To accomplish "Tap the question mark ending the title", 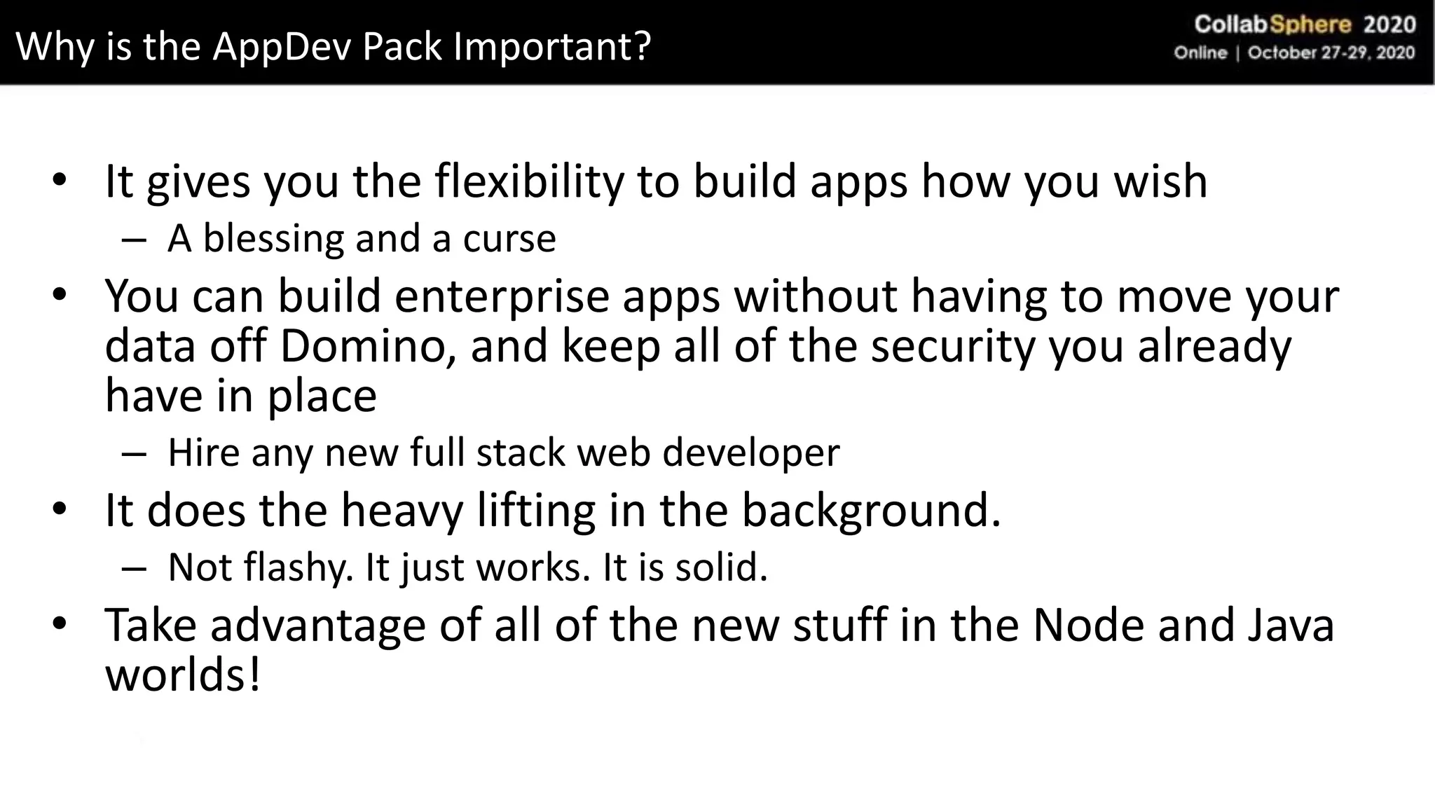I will [x=643, y=46].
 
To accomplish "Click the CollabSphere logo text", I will [x=1272, y=25].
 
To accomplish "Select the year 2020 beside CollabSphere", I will [x=1389, y=25].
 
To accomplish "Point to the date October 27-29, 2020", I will [x=1331, y=53].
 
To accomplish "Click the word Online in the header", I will [x=1201, y=53].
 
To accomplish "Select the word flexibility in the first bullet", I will [x=529, y=181].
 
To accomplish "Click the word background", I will [x=871, y=511].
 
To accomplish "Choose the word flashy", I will [x=298, y=567].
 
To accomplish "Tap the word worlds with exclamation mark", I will [x=183, y=675].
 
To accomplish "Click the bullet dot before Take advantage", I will [x=60, y=623].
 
